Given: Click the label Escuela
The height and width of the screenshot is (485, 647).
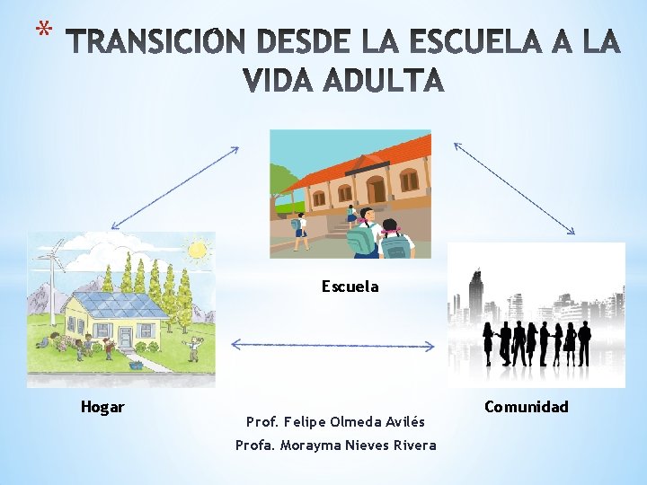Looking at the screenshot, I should pyautogui.click(x=350, y=287).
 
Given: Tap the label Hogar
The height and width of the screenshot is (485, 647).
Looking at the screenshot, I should pyautogui.click(x=102, y=407).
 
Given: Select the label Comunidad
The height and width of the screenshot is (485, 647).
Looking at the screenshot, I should pyautogui.click(x=526, y=407).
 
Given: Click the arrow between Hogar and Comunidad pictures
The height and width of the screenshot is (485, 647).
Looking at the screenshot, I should pyautogui.click(x=332, y=345).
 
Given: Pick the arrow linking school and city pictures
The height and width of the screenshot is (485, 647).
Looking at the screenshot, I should pyautogui.click(x=514, y=189).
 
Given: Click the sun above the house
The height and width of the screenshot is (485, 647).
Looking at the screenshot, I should pyautogui.click(x=198, y=248).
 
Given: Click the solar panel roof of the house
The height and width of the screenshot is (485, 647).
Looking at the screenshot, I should pyautogui.click(x=126, y=305).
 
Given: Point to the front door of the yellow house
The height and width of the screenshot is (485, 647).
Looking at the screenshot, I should pyautogui.click(x=124, y=337).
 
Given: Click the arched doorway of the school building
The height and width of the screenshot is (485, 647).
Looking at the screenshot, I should pyautogui.click(x=376, y=189).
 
